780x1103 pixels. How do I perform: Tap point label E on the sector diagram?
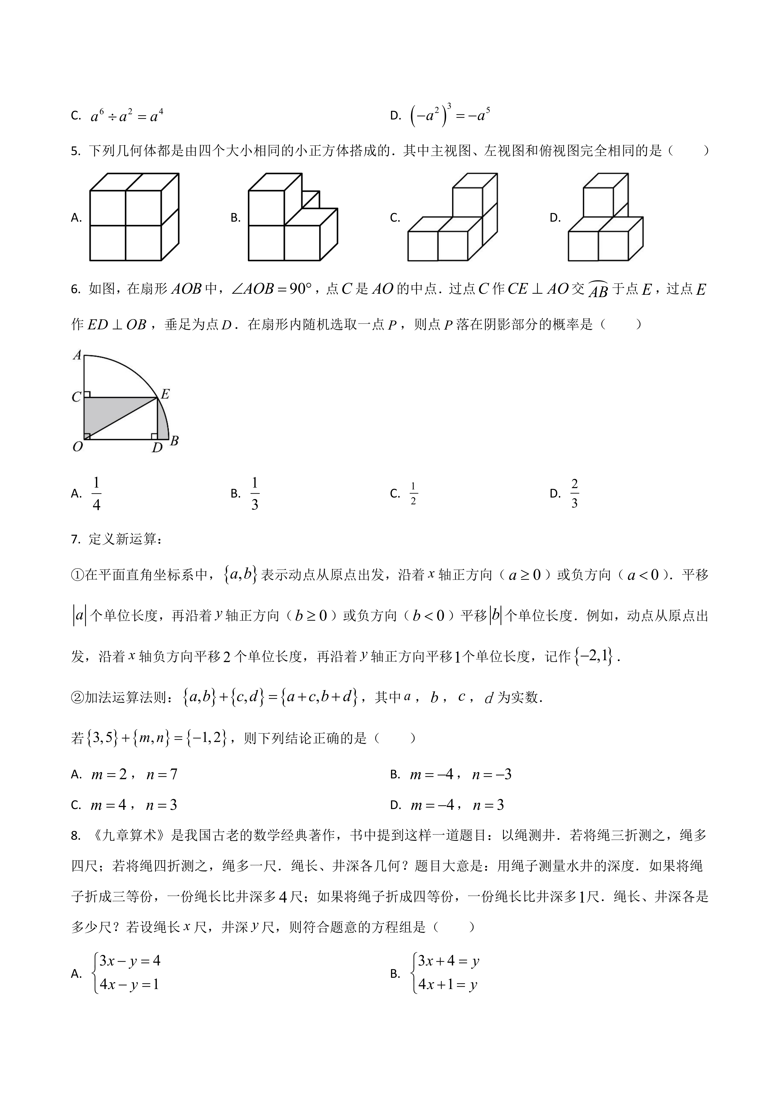[x=165, y=394]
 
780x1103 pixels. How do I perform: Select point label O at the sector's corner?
[x=77, y=447]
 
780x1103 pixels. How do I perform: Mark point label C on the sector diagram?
[x=76, y=397]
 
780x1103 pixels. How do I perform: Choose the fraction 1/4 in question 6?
[x=96, y=493]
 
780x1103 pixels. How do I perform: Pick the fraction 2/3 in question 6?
[x=574, y=493]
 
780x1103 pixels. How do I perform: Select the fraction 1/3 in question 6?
[x=255, y=493]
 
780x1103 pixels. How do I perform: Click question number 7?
[x=75, y=539]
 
